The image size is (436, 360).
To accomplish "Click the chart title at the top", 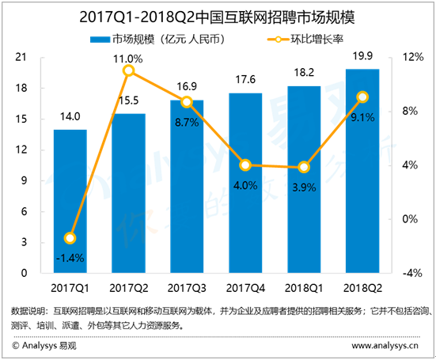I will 218,16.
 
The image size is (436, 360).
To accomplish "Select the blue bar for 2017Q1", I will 70,202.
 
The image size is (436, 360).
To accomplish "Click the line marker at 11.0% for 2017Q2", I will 129,71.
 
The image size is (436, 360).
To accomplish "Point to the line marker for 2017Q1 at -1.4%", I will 70,238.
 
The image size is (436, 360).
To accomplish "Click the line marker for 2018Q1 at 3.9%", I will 304,167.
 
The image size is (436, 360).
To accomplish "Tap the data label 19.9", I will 362,55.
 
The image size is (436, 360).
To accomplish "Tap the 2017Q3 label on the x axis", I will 187,287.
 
